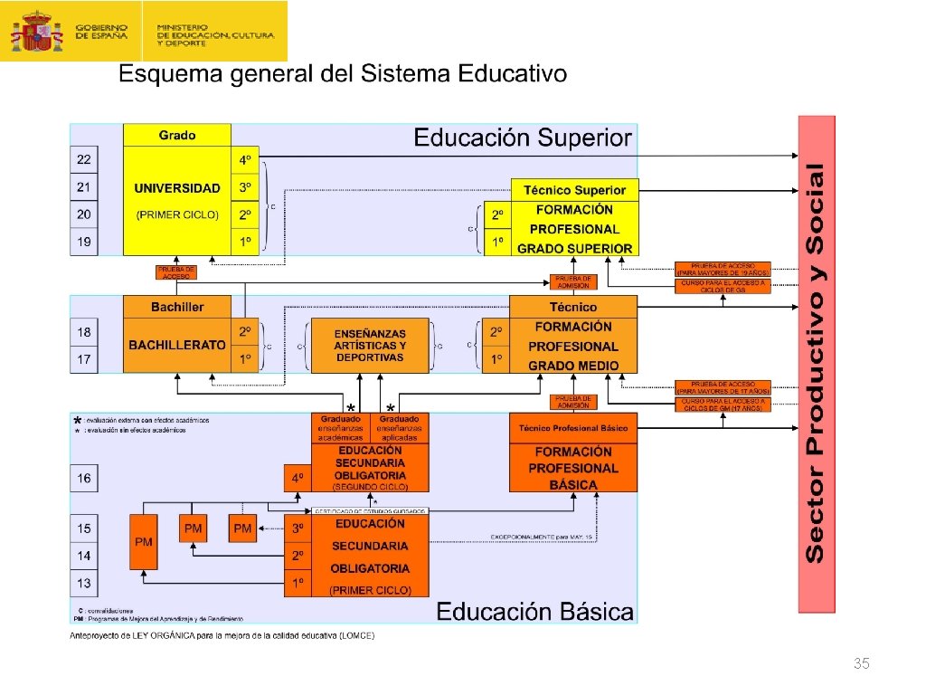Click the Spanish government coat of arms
[x=36, y=31]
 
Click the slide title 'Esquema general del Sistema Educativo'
[x=344, y=74]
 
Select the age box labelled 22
[x=84, y=159]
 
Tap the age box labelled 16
[x=84, y=478]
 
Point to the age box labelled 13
[x=84, y=584]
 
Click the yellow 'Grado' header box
[x=177, y=135]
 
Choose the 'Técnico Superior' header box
[x=574, y=190]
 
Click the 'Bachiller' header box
[x=177, y=307]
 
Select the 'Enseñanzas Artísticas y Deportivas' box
[x=370, y=346]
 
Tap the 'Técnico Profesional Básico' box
[x=573, y=428]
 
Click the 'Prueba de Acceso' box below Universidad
[x=176, y=271]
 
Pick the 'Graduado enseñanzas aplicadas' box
[x=400, y=428]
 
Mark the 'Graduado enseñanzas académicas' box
[x=340, y=428]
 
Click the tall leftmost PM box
[x=143, y=541]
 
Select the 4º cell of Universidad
[x=245, y=160]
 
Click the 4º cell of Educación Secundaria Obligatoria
[x=297, y=478]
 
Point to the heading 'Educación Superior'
[x=523, y=138]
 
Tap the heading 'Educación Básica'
[x=535, y=612]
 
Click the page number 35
[x=861, y=665]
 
